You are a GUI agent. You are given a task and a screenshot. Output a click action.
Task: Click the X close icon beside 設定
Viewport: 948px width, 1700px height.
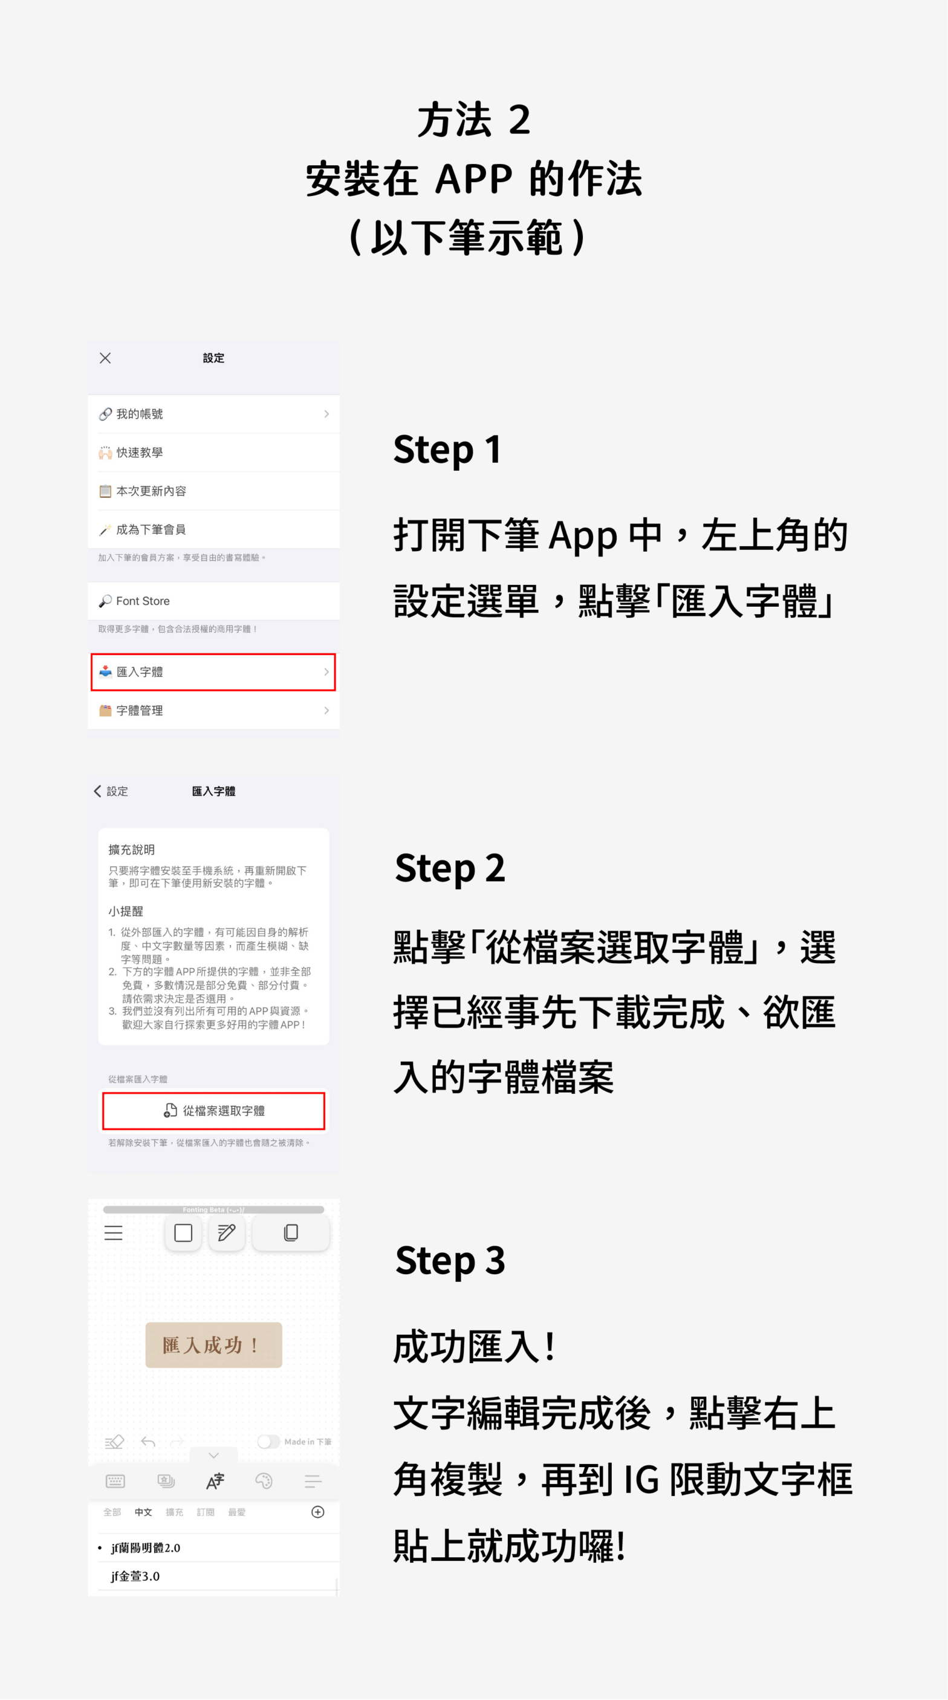tap(105, 358)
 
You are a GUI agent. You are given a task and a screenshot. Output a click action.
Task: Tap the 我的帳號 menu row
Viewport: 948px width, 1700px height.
tap(213, 414)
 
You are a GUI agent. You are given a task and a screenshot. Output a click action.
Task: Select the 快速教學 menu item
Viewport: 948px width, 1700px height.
tap(213, 453)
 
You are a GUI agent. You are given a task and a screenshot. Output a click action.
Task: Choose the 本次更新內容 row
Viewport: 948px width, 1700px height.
tap(213, 491)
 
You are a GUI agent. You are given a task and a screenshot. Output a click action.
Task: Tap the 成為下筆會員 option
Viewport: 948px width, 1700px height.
tap(213, 529)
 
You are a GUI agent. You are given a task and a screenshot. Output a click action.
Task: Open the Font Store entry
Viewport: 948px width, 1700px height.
tap(213, 601)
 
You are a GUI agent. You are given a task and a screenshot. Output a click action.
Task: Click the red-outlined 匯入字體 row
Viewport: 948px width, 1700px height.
tap(213, 672)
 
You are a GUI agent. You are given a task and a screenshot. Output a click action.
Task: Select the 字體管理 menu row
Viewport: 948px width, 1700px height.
tap(213, 711)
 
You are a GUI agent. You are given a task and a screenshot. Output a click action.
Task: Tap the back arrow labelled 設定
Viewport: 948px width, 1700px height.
tap(111, 791)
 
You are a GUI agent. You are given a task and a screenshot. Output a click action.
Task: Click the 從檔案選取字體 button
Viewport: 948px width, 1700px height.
tap(213, 1111)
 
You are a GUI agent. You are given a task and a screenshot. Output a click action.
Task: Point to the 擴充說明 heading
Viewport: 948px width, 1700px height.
tap(132, 849)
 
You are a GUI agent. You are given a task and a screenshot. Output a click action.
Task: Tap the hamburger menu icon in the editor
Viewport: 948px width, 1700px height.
tap(114, 1233)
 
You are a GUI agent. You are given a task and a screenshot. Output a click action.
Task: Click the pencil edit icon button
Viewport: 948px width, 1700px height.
tap(226, 1233)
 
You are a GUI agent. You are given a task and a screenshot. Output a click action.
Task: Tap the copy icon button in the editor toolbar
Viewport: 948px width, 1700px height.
tap(290, 1233)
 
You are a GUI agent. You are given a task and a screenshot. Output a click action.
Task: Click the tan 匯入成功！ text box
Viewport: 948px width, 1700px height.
tap(213, 1345)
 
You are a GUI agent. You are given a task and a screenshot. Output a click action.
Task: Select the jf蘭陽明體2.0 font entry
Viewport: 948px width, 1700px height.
tap(146, 1548)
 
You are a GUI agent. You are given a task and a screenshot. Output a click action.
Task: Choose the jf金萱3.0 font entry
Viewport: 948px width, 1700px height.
tap(135, 1576)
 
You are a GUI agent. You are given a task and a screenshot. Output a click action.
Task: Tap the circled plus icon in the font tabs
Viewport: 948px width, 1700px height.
tap(317, 1512)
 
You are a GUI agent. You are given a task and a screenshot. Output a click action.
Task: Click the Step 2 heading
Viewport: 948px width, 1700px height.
tap(450, 868)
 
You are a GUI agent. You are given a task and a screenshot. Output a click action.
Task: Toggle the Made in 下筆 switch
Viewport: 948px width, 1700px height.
tap(268, 1441)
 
